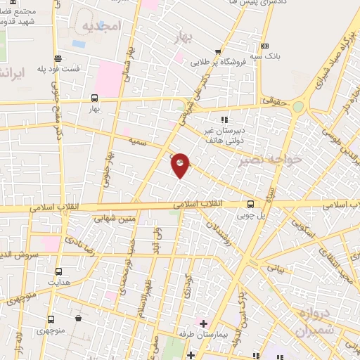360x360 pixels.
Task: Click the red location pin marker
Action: point(180,165)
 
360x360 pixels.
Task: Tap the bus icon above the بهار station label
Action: point(95,98)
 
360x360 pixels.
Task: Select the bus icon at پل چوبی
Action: point(250,205)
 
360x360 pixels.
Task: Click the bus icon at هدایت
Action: point(58,271)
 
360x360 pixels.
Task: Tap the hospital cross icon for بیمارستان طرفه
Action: point(203,324)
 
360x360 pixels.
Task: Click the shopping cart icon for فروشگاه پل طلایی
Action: point(219,51)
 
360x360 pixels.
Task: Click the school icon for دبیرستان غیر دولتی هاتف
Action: point(224,119)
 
